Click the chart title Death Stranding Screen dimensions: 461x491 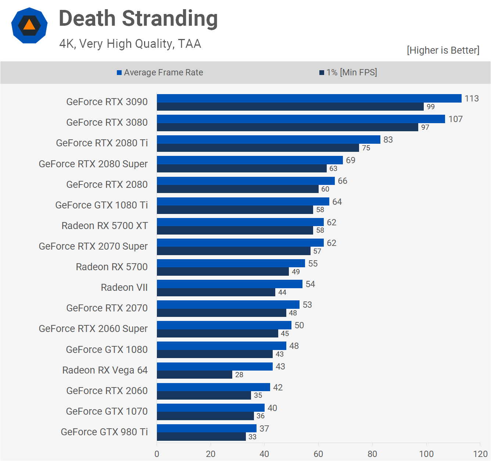tap(138, 19)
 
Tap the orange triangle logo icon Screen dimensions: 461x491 tap(29, 25)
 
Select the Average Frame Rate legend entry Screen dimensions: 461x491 tap(160, 72)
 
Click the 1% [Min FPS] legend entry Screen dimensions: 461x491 tap(348, 72)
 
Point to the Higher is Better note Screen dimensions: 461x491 tap(443, 50)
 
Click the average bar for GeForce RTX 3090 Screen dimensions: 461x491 tap(309, 99)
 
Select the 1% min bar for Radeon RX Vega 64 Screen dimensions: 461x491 tap(194, 375)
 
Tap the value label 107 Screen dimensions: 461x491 tap(455, 119)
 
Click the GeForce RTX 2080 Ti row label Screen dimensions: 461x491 tap(102, 143)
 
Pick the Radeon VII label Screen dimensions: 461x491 tap(124, 287)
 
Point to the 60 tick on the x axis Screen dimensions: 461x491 tap(318, 454)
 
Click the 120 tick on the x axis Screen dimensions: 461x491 tap(480, 454)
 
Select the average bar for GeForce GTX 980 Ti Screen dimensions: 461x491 tap(207, 428)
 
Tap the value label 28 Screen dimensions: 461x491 tap(239, 375)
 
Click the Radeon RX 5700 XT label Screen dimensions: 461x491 tap(105, 226)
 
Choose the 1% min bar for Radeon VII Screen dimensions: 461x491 tap(216, 292)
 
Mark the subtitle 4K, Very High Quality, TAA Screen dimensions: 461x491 tap(130, 44)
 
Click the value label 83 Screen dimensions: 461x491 tap(388, 140)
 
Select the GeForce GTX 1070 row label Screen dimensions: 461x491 tap(107, 411)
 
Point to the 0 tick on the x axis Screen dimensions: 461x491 tap(157, 454)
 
